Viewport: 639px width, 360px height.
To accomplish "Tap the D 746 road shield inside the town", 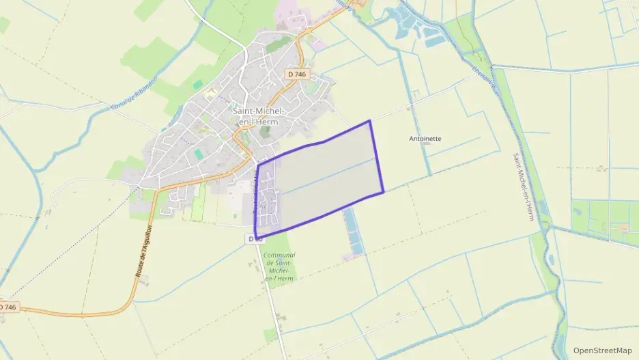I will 297,74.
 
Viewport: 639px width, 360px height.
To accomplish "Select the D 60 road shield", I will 255,238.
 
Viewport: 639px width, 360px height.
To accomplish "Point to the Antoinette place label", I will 425,138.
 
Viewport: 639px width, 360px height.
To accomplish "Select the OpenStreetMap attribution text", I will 603,350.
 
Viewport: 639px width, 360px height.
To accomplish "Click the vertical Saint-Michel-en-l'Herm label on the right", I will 524,186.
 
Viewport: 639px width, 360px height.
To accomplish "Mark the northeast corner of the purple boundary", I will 370,121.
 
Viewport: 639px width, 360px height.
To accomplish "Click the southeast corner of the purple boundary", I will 384,191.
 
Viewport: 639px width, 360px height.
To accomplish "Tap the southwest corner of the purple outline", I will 256,236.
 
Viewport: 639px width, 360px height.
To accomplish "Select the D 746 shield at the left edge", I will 7,308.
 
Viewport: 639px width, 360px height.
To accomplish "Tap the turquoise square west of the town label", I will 198,85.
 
